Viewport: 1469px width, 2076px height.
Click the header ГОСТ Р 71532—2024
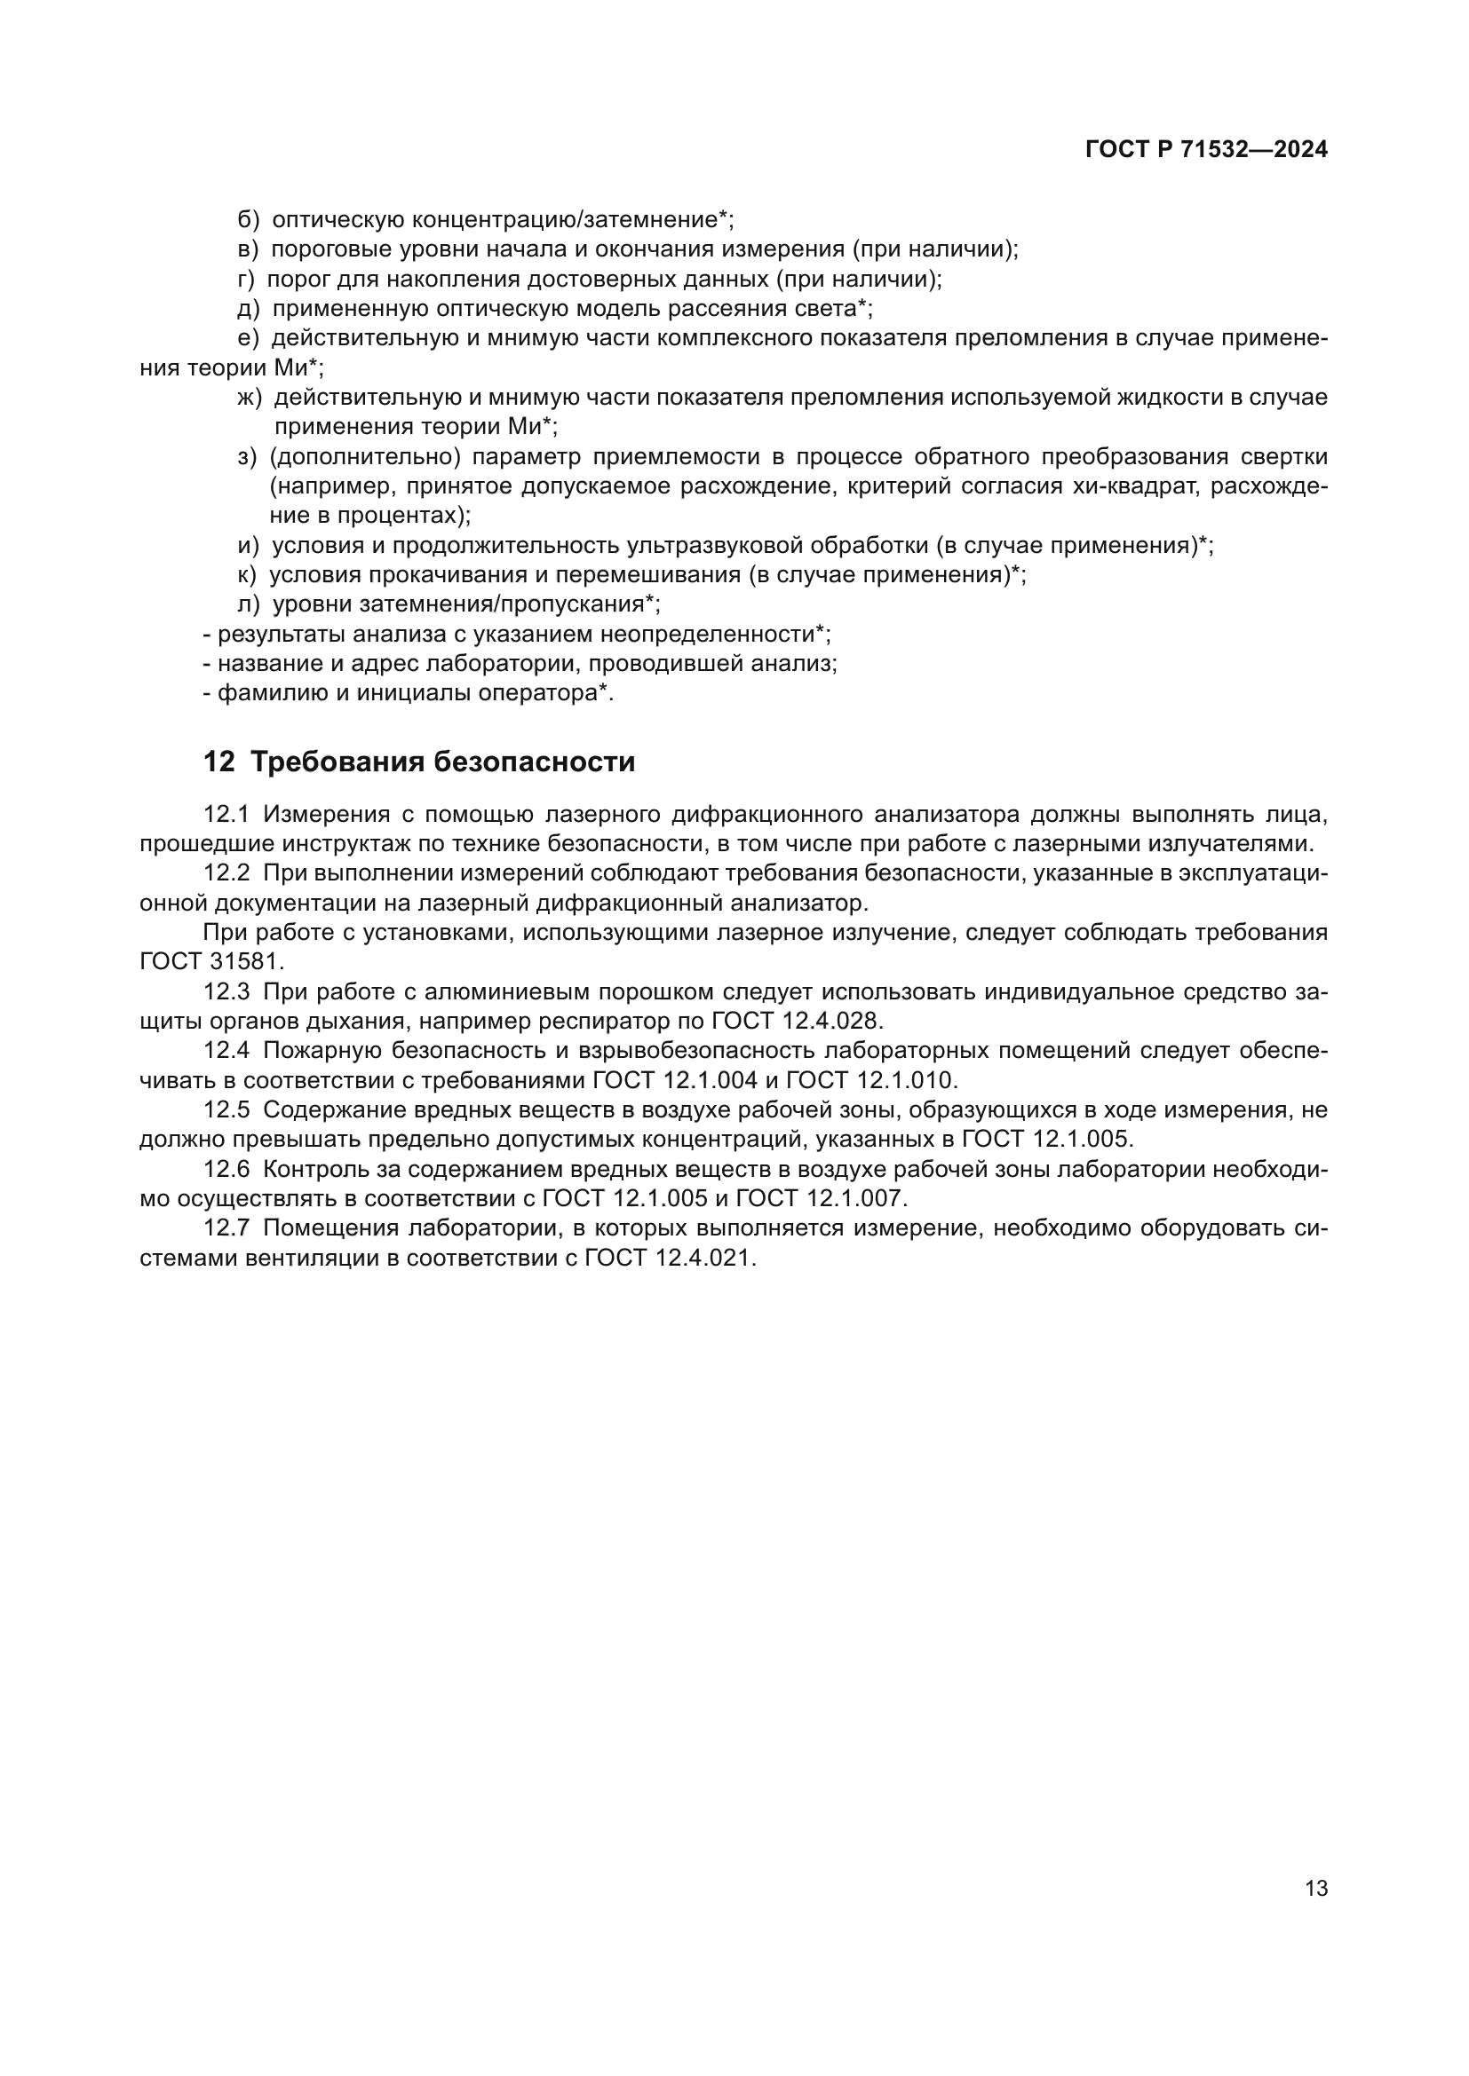1206,150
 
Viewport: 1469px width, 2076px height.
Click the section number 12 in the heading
218,762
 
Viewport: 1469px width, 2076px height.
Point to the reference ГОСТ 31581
211,962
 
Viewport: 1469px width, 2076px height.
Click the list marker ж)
249,398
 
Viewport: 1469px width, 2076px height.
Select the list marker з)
248,457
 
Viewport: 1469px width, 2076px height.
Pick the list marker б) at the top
248,220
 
